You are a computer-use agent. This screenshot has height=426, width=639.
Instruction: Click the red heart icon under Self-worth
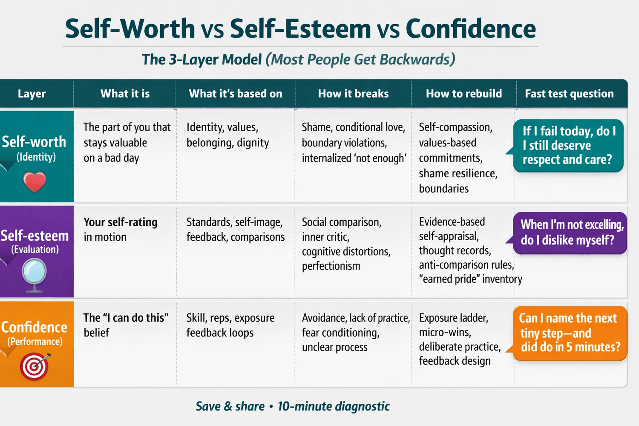pos(35,182)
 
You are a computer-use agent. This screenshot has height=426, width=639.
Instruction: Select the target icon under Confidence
pos(35,367)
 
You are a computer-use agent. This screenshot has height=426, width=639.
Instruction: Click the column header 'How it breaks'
pos(353,94)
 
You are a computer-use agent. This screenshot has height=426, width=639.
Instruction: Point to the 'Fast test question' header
pos(569,94)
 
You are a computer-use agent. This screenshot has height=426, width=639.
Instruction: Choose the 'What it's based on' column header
pos(235,94)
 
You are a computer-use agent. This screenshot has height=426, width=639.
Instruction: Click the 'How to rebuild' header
pos(463,94)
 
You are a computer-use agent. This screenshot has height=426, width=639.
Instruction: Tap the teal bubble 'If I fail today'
pos(568,145)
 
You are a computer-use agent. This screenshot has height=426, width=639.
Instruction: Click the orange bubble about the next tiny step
pos(569,333)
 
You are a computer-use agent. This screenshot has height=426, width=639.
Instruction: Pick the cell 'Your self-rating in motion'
pos(121,230)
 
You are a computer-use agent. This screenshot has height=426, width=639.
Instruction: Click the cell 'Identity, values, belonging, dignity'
pos(227,135)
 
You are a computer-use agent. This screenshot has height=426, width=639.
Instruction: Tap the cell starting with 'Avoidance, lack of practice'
pos(355,332)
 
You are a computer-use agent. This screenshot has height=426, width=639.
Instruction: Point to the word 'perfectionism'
pos(331,266)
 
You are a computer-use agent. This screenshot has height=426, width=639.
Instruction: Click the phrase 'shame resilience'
pos(458,173)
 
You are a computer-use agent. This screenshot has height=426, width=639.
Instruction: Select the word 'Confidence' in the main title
pos(470,29)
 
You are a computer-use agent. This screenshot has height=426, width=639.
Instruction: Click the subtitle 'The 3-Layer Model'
pos(201,60)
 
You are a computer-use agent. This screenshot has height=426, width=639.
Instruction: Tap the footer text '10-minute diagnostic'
pos(334,406)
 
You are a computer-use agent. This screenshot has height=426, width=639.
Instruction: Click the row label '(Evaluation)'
pos(35,249)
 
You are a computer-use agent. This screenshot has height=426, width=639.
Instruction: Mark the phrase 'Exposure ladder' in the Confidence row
pos(453,318)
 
